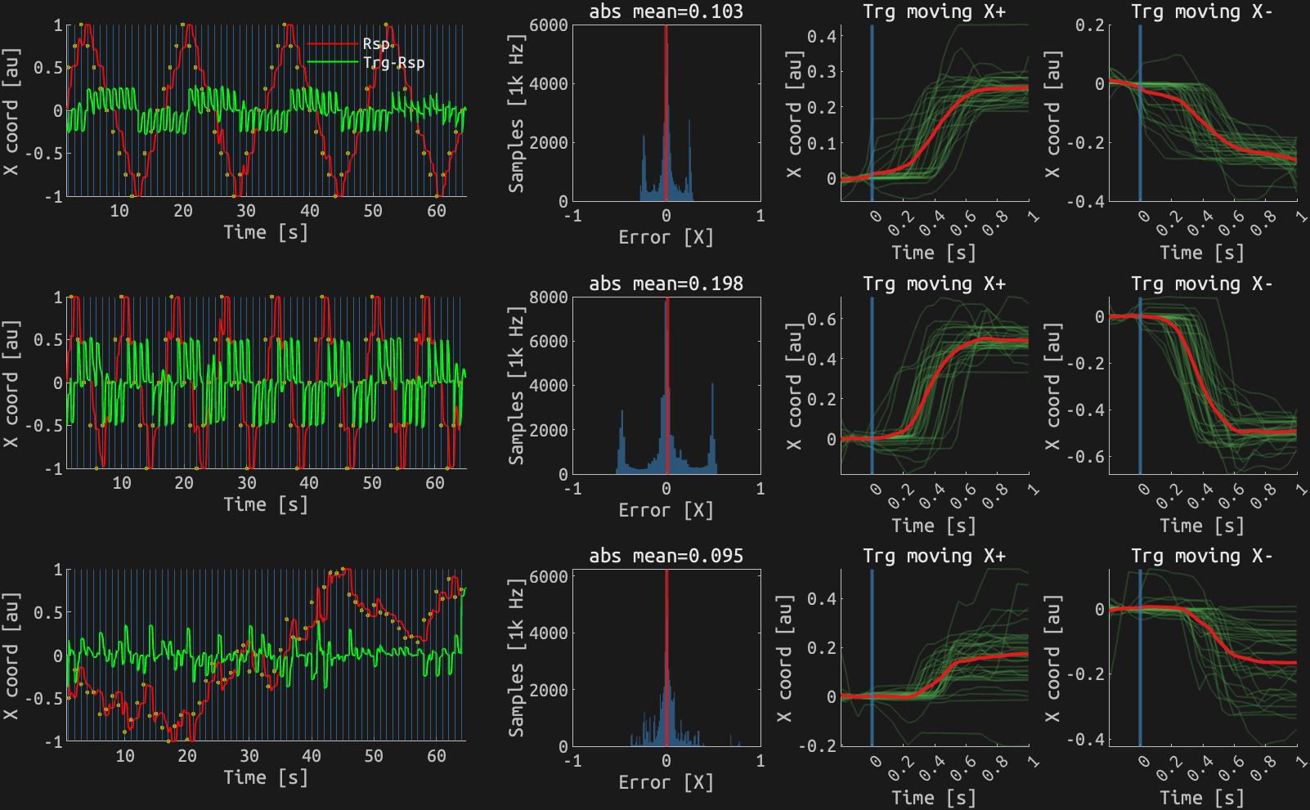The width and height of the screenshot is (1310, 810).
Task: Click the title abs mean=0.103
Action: [x=666, y=11]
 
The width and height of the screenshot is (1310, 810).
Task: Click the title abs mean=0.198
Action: [x=666, y=284]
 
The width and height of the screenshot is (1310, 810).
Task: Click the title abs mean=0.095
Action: [x=666, y=556]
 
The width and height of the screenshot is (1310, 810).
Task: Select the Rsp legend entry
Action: [x=376, y=43]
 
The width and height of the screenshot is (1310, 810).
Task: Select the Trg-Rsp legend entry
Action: [x=393, y=62]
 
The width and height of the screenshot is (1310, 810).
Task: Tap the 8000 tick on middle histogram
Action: [x=549, y=297]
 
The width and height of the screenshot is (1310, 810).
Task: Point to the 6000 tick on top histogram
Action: [x=549, y=25]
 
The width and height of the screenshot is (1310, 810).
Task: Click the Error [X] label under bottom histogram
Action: [x=666, y=782]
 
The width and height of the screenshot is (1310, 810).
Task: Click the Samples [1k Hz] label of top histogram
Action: [x=516, y=113]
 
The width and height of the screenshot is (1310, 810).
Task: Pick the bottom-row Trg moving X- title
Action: [x=1201, y=556]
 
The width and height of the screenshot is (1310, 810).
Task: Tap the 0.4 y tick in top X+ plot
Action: [x=822, y=36]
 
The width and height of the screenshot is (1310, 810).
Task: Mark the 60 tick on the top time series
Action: [x=436, y=211]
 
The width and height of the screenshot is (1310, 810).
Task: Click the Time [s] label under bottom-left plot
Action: [x=266, y=776]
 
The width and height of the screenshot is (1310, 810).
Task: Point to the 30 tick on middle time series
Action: [x=246, y=483]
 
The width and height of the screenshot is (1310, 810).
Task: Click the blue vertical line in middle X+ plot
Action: [x=872, y=384]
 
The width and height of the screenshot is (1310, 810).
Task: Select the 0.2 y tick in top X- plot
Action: [x=1090, y=25]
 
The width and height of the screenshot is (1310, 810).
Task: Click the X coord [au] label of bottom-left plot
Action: [x=11, y=656]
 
